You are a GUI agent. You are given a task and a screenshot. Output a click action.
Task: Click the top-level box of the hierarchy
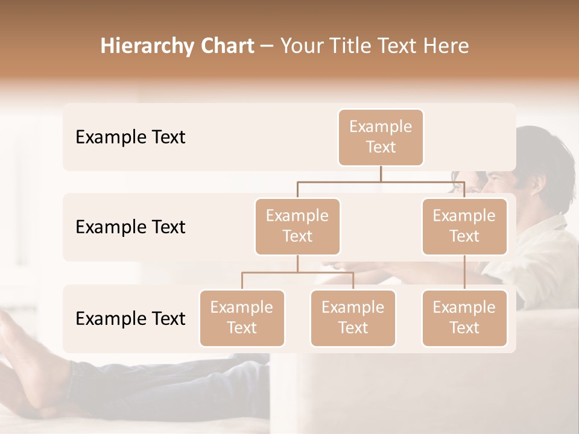click(x=381, y=137)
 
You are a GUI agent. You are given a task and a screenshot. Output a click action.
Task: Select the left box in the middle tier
click(x=297, y=226)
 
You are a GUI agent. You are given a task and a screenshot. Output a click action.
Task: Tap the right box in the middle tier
click(x=464, y=226)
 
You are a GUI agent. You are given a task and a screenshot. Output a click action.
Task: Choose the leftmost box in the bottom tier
click(x=242, y=318)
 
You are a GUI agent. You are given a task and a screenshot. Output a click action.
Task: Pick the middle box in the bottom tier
click(x=353, y=318)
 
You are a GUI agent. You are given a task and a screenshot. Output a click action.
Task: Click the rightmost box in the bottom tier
click(x=464, y=318)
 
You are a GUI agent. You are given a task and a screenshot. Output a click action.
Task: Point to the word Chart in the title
click(x=224, y=46)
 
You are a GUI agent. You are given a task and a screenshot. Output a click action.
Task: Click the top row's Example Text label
click(x=130, y=137)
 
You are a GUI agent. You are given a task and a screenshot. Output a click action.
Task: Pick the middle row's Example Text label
click(x=130, y=227)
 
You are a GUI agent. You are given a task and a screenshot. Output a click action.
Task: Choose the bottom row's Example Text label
click(x=130, y=318)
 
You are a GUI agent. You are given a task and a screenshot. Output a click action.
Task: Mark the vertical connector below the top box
click(x=381, y=174)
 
